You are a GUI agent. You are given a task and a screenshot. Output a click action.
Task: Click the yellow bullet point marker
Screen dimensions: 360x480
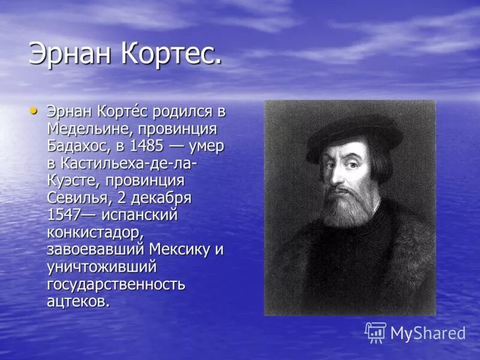click(x=34, y=110)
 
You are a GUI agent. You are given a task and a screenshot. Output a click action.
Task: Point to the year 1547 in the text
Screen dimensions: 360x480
click(x=63, y=215)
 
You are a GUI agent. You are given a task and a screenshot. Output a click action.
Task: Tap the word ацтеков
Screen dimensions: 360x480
click(x=78, y=301)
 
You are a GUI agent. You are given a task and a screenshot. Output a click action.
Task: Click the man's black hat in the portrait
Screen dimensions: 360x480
click(x=354, y=132)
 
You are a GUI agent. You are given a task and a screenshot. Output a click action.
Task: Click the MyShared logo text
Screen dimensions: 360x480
click(x=428, y=333)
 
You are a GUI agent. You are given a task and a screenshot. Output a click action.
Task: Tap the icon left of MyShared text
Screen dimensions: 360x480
click(x=376, y=332)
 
